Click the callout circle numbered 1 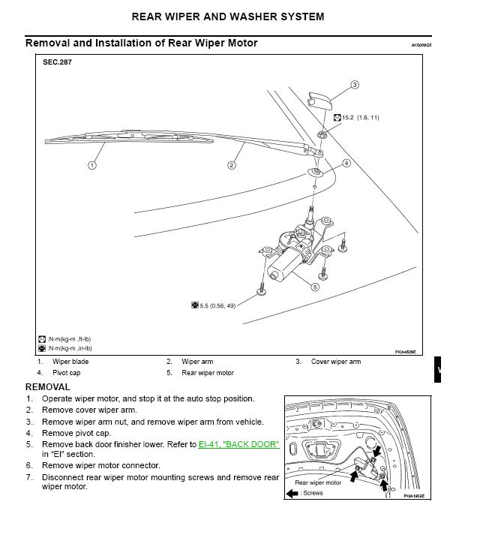coord(91,165)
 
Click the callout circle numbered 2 coord(232,165)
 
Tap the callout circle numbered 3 coord(355,85)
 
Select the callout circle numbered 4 coord(346,163)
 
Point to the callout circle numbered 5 coord(315,287)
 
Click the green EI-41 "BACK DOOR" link coord(238,445)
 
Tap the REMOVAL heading coord(48,387)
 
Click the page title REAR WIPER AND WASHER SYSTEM coord(238,16)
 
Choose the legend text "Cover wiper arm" coord(336,362)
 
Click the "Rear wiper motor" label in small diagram coord(318,483)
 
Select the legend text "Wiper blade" coord(70,362)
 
